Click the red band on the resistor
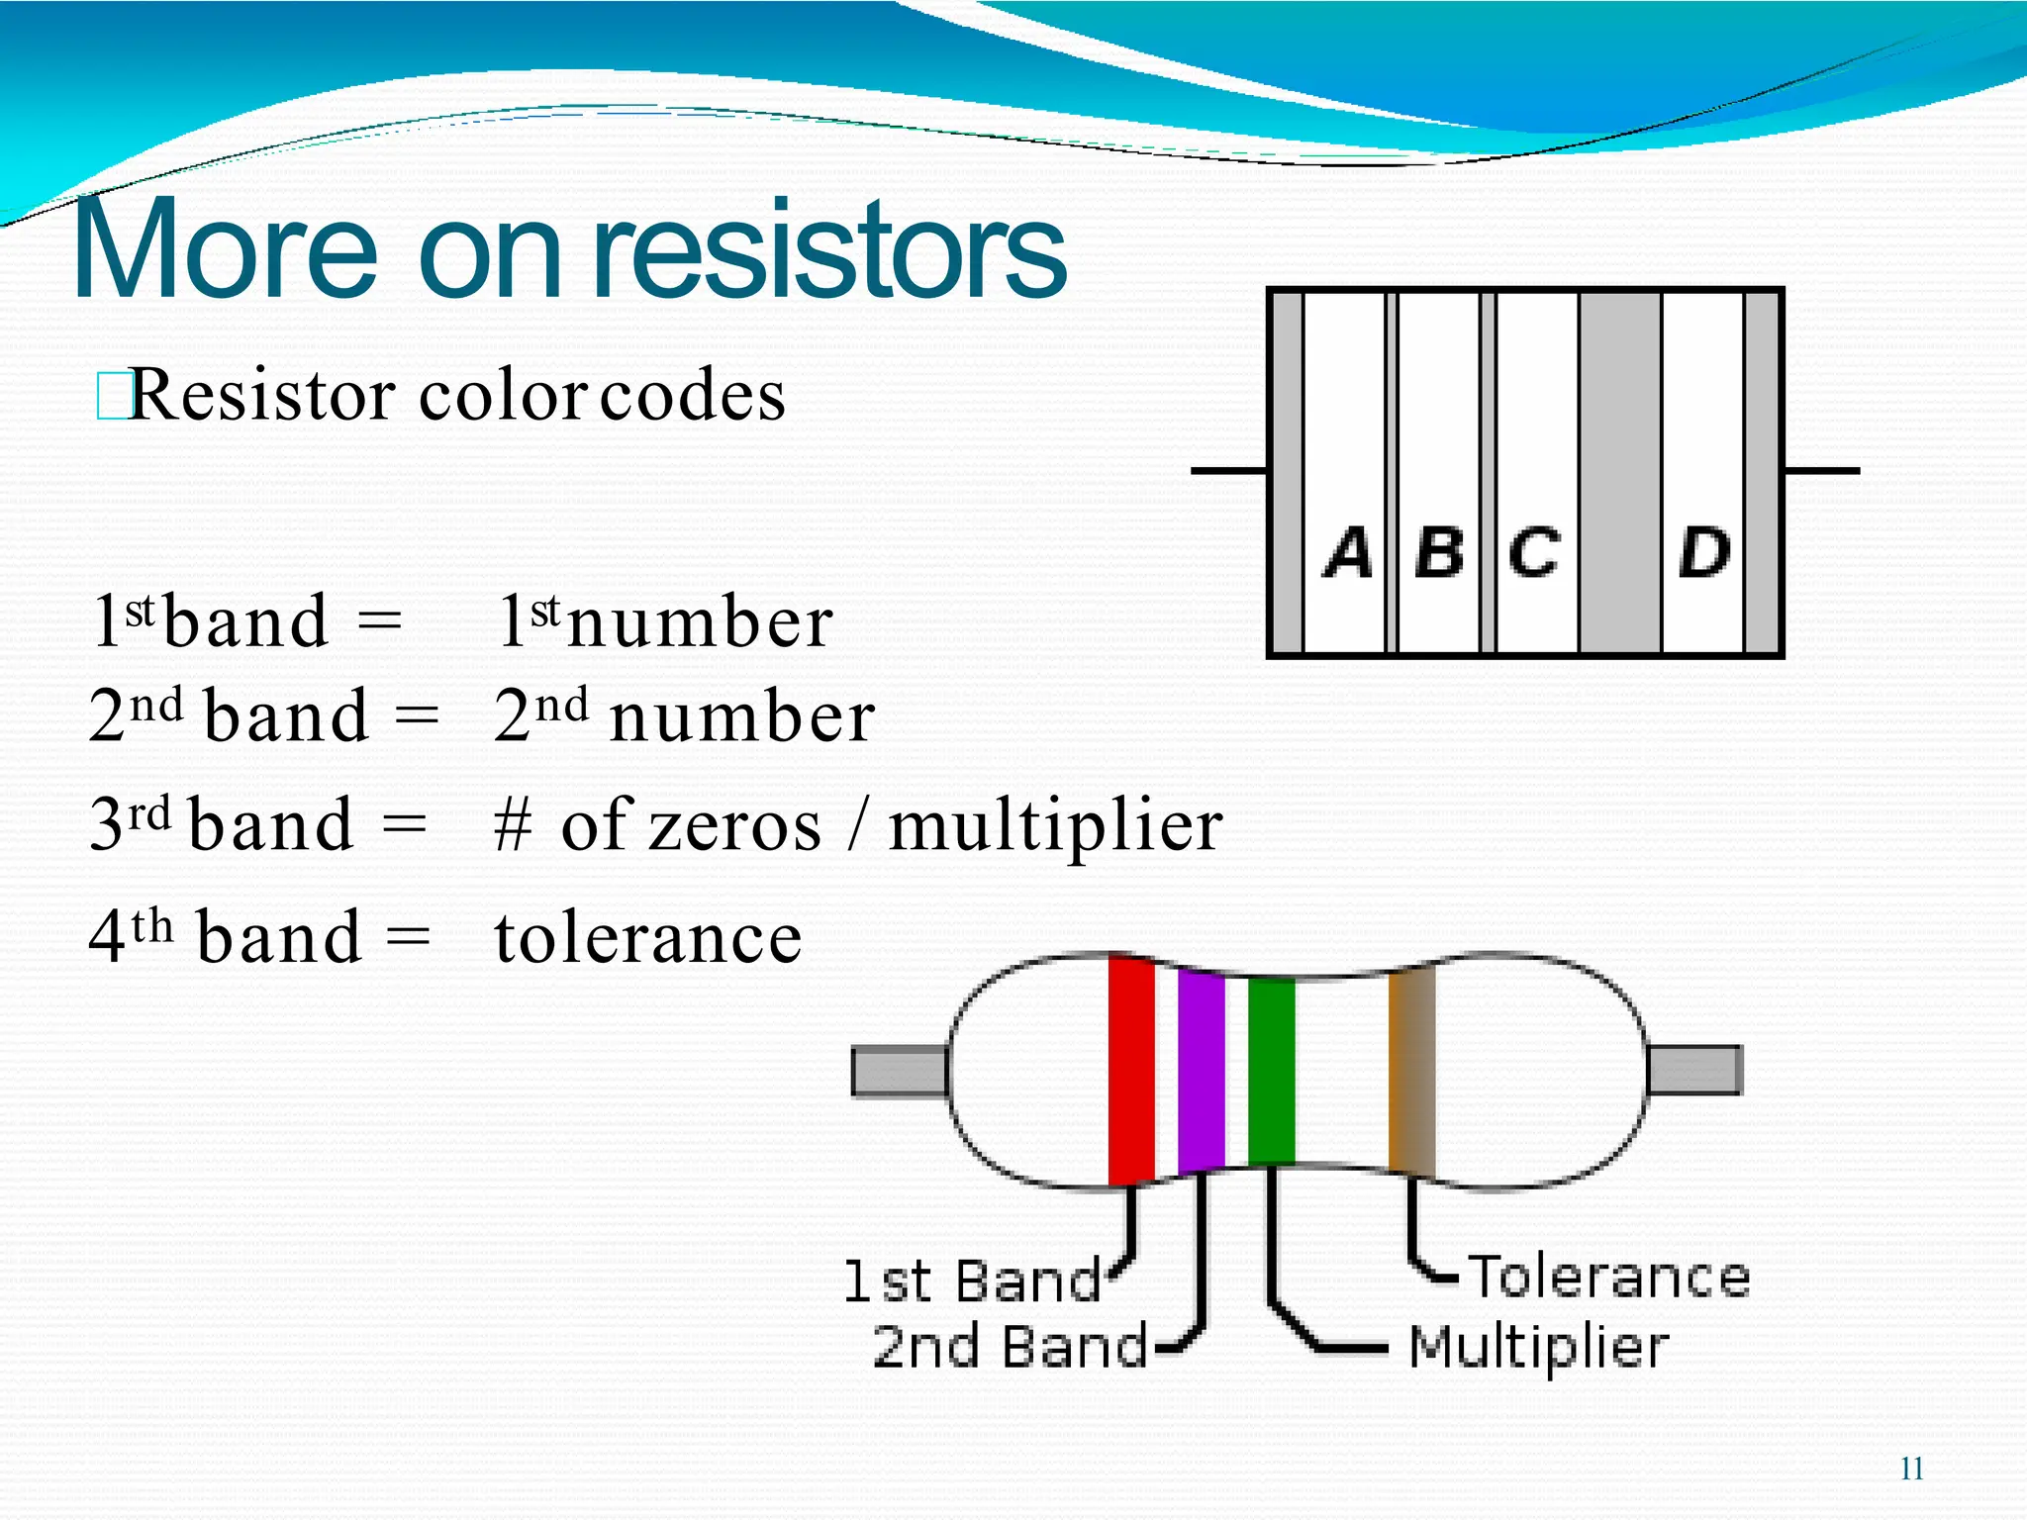coord(1131,1069)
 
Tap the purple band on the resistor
coord(1202,1071)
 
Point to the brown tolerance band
coord(1411,1071)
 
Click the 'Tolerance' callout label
coord(1609,1277)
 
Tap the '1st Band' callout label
coord(972,1282)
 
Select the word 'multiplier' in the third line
coord(1055,826)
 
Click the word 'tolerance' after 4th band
coord(648,937)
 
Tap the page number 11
coord(1912,1469)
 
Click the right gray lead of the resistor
coord(1694,1071)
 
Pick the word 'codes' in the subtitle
coord(693,396)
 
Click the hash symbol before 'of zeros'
coord(513,827)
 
